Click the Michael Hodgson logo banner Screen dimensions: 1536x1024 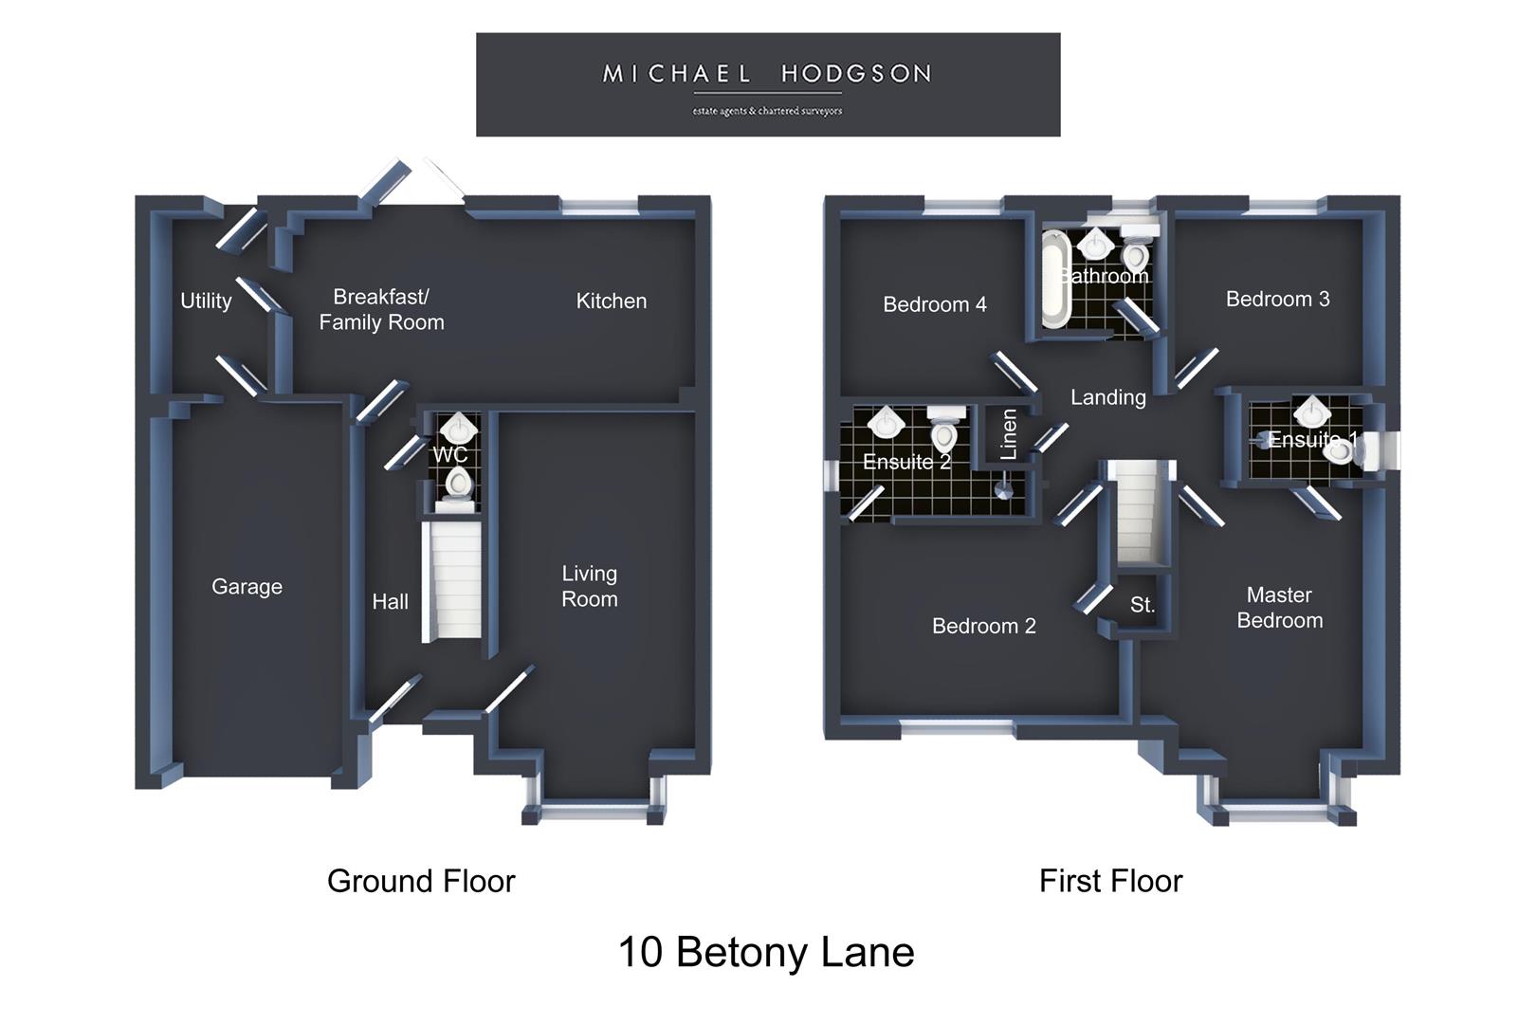(768, 84)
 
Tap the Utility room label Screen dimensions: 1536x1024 (206, 302)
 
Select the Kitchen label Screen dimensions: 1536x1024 (611, 302)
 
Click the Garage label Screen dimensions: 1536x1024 (247, 586)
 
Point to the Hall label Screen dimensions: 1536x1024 (391, 601)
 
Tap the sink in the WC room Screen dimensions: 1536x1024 (459, 428)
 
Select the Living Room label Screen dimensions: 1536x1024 (589, 586)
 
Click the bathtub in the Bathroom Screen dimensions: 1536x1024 (1055, 280)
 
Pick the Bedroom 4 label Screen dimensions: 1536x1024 (935, 304)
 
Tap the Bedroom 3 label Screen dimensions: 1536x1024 (1277, 299)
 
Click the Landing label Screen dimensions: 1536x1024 (1108, 398)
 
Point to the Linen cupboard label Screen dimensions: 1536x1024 (1008, 434)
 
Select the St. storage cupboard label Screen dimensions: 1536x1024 (1143, 605)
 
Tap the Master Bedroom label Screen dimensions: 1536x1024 (1280, 608)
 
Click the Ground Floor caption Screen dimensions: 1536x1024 (421, 882)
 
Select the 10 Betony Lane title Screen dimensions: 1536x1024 (766, 952)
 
